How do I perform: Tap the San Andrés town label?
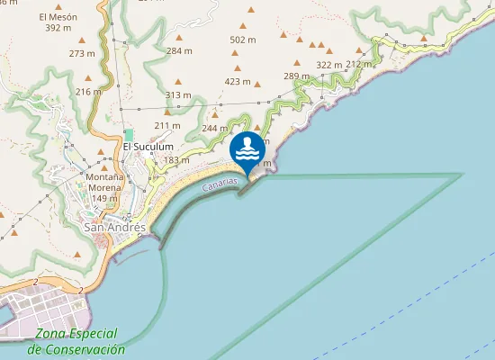[x=114, y=228]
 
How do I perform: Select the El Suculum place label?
[x=148, y=147]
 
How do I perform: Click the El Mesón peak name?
[x=58, y=17]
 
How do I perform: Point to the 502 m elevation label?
[x=243, y=40]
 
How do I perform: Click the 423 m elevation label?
[x=238, y=81]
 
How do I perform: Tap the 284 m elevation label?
[x=180, y=51]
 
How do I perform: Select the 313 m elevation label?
[x=178, y=95]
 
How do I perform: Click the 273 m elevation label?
[x=81, y=54]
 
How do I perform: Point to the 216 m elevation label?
[x=89, y=92]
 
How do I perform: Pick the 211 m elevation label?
[x=167, y=125]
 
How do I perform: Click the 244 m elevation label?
[x=215, y=129]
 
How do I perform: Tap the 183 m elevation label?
[x=176, y=160]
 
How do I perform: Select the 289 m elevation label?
[x=297, y=76]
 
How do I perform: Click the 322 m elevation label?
[x=328, y=65]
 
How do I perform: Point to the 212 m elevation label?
[x=358, y=64]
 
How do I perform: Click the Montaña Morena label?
[x=105, y=182]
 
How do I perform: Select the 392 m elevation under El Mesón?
[x=58, y=28]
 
